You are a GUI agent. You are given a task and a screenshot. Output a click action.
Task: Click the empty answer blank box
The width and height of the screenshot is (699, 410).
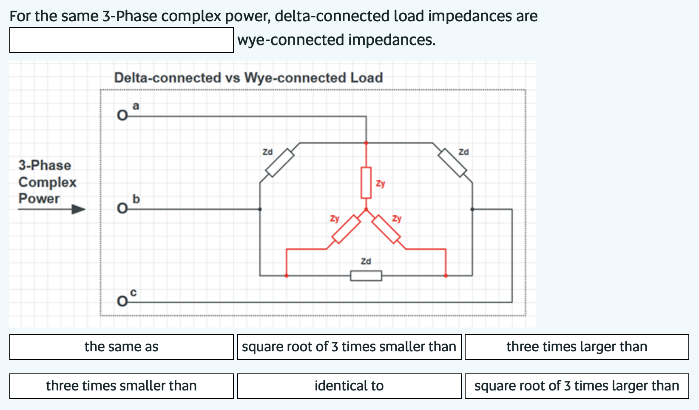tap(121, 40)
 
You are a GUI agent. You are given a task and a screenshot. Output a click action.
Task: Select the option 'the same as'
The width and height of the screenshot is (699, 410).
tap(121, 347)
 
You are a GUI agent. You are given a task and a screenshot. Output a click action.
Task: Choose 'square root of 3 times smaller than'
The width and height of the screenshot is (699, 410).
tap(349, 347)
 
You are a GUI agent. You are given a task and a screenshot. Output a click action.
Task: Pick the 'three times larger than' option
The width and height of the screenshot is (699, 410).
tap(577, 347)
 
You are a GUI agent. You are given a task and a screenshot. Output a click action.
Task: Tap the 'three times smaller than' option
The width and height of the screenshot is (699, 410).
tap(121, 386)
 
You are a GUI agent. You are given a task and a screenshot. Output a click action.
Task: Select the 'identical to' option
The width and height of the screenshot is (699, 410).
tap(349, 386)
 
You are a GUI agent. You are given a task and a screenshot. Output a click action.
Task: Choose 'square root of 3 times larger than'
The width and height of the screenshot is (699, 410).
tap(577, 386)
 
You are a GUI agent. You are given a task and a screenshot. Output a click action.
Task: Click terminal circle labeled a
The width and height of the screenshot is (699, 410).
tap(122, 116)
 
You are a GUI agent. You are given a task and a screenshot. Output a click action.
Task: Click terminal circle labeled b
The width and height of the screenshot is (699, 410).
tap(122, 209)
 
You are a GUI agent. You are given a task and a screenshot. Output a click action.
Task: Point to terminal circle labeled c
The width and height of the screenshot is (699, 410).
tap(122, 302)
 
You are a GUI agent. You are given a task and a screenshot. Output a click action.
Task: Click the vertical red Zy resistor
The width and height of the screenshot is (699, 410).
tap(366, 182)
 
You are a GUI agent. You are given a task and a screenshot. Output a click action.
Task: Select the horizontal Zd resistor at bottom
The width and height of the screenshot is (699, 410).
tap(366, 276)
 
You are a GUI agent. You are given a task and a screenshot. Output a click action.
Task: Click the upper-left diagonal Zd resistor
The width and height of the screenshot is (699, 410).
tap(280, 162)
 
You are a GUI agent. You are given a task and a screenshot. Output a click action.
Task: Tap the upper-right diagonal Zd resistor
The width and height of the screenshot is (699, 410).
tap(453, 162)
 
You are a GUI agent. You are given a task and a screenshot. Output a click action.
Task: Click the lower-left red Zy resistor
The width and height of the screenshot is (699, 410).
tap(346, 229)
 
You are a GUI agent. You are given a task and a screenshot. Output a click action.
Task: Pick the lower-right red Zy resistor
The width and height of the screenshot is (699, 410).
tap(386, 229)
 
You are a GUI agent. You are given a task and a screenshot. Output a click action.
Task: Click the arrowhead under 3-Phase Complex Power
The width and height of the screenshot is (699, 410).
tap(78, 209)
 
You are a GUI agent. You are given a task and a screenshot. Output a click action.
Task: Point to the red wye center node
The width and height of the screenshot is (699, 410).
tap(366, 209)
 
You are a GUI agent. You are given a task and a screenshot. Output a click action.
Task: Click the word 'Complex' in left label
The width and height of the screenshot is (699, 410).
tap(47, 182)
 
